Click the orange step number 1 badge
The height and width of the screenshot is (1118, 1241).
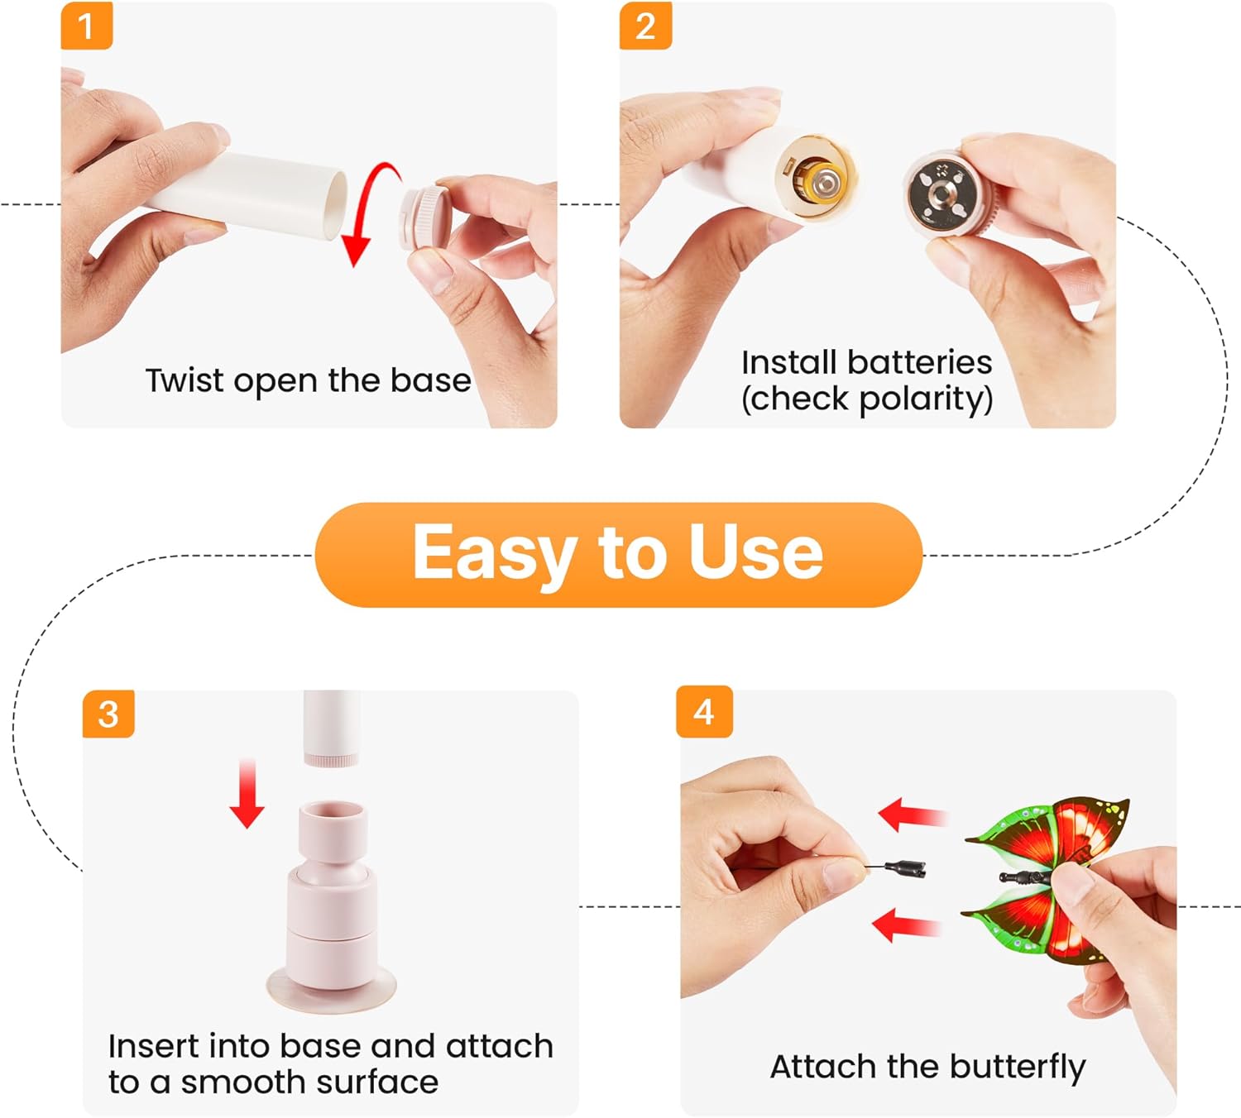pos(87,26)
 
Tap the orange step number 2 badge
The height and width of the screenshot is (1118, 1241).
pos(645,26)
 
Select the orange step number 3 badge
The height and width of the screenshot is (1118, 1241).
pos(109,714)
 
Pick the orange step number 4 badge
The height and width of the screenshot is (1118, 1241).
pos(704,712)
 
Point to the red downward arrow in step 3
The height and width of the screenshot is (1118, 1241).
pos(247,793)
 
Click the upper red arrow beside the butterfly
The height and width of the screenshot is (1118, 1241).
pos(913,815)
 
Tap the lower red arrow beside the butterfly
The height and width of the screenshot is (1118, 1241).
pos(907,925)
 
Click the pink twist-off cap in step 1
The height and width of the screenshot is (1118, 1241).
pos(425,217)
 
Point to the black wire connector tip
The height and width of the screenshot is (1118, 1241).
pos(906,868)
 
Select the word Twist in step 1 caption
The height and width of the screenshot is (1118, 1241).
pos(184,380)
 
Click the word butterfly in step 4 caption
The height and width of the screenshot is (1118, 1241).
pos(1018,1067)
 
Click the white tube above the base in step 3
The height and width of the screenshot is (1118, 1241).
pos(332,729)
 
